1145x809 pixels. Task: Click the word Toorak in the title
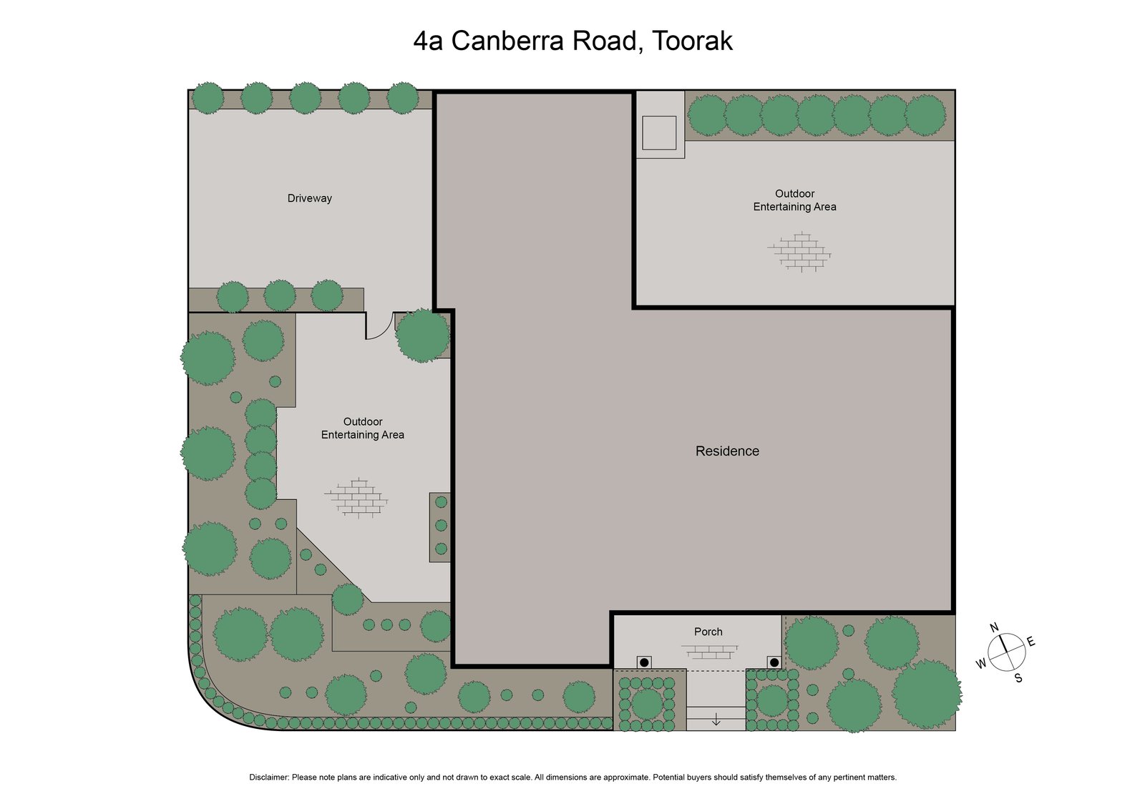(x=692, y=41)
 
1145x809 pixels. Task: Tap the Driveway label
(x=309, y=198)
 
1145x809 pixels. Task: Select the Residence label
(x=727, y=451)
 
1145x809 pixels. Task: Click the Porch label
(x=708, y=632)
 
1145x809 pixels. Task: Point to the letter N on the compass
(x=994, y=627)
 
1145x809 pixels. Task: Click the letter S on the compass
(x=1018, y=678)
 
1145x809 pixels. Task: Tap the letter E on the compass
(x=1031, y=642)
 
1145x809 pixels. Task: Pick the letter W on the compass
(x=981, y=664)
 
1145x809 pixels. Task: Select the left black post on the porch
(x=644, y=662)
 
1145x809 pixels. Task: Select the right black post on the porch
(x=774, y=662)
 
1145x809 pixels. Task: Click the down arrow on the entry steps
(x=716, y=720)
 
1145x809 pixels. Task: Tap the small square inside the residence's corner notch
(x=659, y=132)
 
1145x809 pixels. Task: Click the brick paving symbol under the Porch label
(x=708, y=652)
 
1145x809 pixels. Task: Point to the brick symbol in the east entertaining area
(x=799, y=252)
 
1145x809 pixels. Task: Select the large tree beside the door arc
(x=422, y=335)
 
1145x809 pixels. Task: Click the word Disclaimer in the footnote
(x=268, y=777)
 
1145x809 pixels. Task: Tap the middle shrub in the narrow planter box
(x=441, y=525)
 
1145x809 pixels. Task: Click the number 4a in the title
(x=428, y=41)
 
